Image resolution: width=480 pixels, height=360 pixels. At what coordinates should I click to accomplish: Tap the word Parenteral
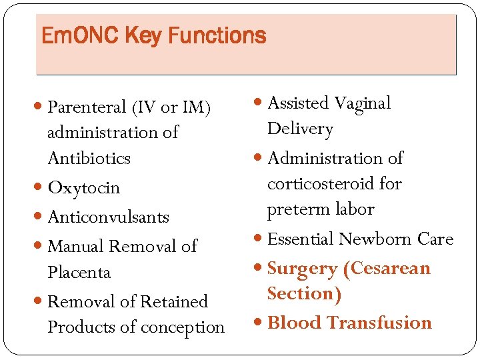click(87, 107)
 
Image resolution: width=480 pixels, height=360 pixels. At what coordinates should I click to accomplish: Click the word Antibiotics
click(89, 159)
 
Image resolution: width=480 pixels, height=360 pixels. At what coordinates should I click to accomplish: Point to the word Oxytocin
click(84, 189)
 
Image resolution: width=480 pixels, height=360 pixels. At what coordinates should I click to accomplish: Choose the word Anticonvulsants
click(109, 217)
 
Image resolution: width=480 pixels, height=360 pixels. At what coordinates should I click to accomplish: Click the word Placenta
click(79, 273)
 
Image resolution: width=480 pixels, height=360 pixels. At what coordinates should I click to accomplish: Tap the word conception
click(187, 328)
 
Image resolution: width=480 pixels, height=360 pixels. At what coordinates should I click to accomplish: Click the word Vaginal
click(362, 104)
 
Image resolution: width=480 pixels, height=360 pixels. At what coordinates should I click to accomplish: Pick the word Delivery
click(300, 129)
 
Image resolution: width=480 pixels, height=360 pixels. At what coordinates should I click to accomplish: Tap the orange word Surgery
click(303, 269)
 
